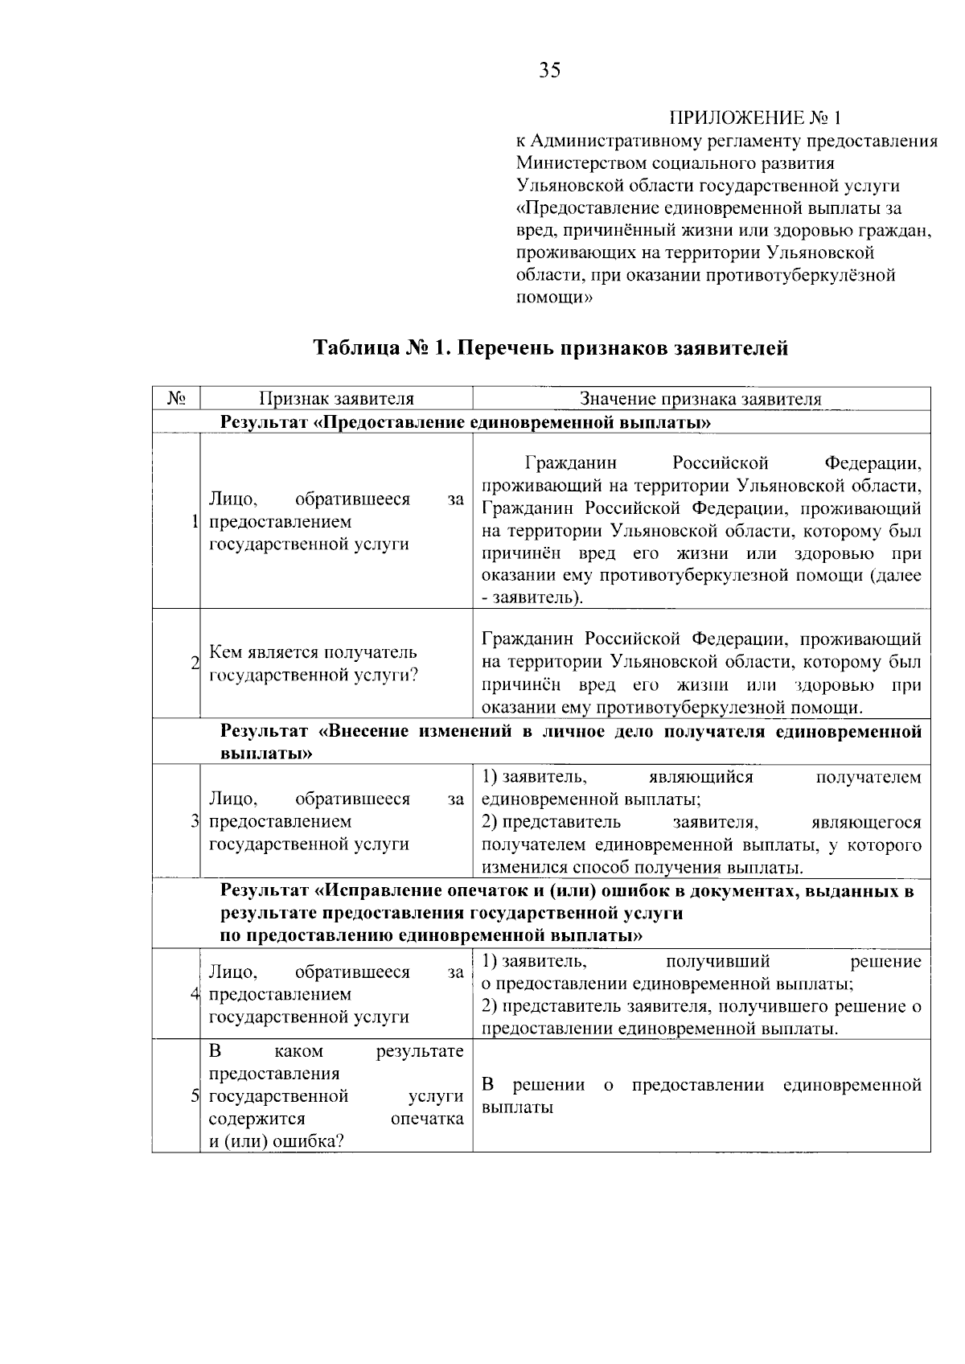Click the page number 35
click(x=550, y=71)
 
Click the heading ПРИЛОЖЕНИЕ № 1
click(x=755, y=118)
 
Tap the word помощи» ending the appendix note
click(x=553, y=298)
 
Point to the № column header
click(x=177, y=399)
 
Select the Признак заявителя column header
click(x=336, y=399)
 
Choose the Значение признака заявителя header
click(x=700, y=399)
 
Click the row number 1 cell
click(x=195, y=522)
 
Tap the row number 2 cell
click(x=195, y=664)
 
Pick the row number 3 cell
click(x=195, y=822)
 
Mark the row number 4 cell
click(x=195, y=994)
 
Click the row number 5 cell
click(x=195, y=1096)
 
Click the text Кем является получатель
click(x=313, y=652)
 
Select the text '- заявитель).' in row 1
click(x=532, y=598)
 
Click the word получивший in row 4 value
click(x=717, y=962)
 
